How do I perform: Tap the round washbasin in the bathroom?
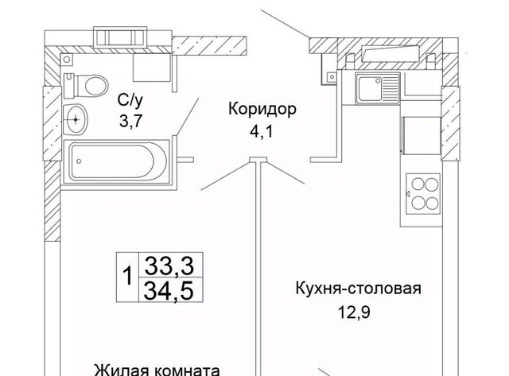point(77,120)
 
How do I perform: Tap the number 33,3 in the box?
point(168,264)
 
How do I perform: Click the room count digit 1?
point(128,276)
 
